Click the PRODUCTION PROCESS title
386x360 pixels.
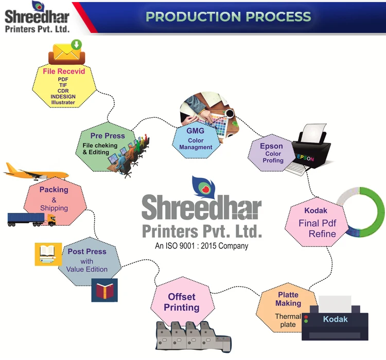tap(229, 16)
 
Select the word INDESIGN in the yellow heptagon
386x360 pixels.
tap(63, 96)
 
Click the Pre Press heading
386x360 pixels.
tap(108, 136)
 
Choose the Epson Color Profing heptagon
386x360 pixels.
tap(272, 153)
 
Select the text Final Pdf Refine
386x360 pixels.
tap(317, 229)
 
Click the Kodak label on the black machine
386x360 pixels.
tap(336, 319)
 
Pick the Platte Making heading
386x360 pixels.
tap(288, 299)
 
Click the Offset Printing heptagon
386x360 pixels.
tap(182, 302)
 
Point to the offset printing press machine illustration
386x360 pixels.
tap(191, 336)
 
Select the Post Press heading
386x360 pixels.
tap(87, 251)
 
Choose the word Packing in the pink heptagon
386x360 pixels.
tap(54, 190)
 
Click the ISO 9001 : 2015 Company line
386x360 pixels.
tap(202, 246)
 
